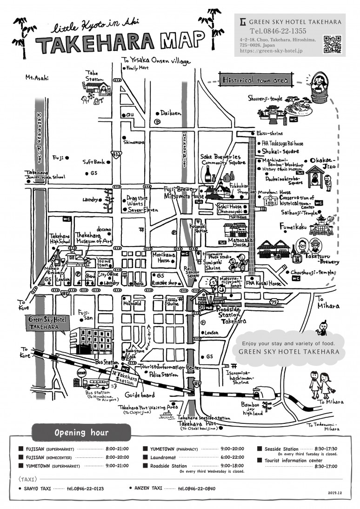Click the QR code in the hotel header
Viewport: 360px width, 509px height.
pyautogui.click(x=332, y=45)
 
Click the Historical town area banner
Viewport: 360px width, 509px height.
pyautogui.click(x=255, y=80)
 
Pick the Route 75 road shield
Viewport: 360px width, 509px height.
pyautogui.click(x=274, y=302)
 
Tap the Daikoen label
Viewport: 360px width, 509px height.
pyautogui.click(x=172, y=112)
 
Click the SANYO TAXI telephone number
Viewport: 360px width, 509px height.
pyautogui.click(x=85, y=489)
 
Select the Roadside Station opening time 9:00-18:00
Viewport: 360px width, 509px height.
pyautogui.click(x=232, y=465)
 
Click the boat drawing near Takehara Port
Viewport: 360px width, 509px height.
pyautogui.click(x=166, y=414)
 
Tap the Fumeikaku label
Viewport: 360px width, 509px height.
pyautogui.click(x=293, y=226)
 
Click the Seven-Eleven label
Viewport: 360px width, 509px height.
pyautogui.click(x=137, y=209)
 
